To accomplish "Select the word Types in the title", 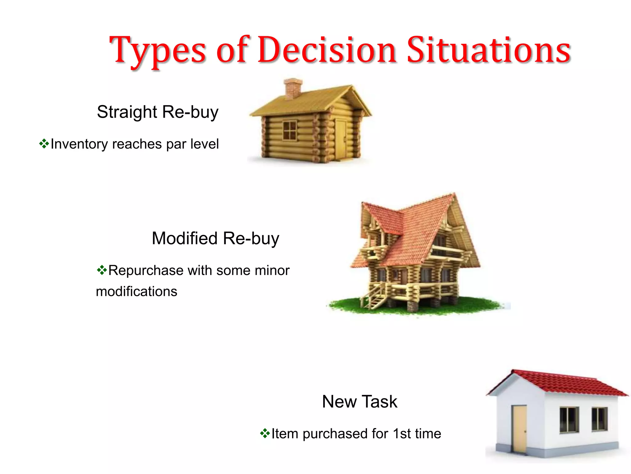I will (x=157, y=51).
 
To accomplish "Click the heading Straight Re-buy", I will (x=157, y=112).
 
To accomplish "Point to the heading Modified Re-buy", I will (x=215, y=238).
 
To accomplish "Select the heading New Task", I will (x=360, y=401).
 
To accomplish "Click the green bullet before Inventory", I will (x=44, y=144).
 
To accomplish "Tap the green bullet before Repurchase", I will (x=102, y=270).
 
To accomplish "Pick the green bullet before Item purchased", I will (x=265, y=433).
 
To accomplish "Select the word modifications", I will (x=136, y=291).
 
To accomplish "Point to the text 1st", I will (x=402, y=434).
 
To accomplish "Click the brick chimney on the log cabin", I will (x=292, y=88).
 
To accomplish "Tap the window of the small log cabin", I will (x=290, y=131).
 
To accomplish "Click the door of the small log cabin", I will (x=341, y=139).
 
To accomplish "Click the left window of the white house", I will (x=569, y=420).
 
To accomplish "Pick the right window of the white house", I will (x=599, y=419).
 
